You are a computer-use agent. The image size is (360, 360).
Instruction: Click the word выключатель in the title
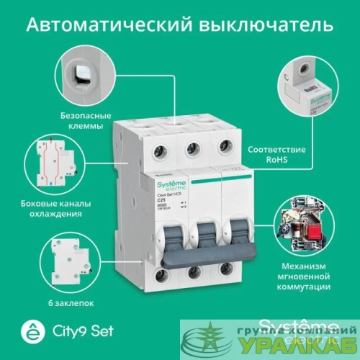pos(278,26)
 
